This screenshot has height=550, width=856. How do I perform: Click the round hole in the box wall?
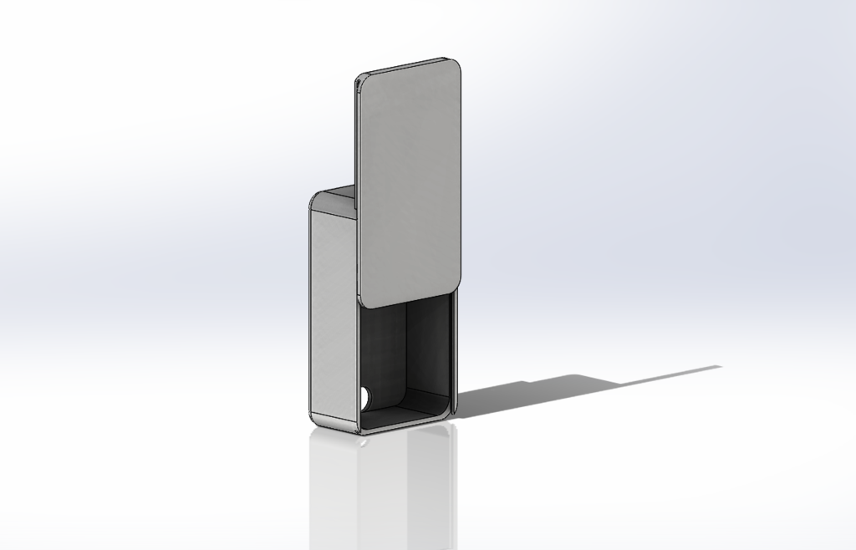(x=366, y=395)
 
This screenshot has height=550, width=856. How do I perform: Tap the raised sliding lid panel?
(x=410, y=180)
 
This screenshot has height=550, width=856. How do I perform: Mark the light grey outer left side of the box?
(x=333, y=309)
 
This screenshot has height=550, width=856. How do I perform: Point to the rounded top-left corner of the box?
(x=314, y=201)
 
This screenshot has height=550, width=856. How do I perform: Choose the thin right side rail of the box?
(x=455, y=351)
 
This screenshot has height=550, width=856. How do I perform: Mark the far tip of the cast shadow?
(x=719, y=367)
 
